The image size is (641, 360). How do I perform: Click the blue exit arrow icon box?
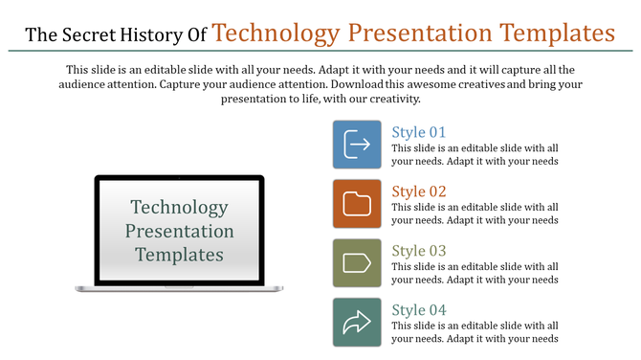[357, 145]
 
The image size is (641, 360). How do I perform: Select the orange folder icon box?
[357, 204]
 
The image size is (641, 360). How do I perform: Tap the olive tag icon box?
[357, 263]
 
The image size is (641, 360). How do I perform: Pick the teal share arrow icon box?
[357, 323]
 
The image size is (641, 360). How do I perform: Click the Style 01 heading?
[418, 132]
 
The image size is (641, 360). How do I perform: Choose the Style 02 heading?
[418, 191]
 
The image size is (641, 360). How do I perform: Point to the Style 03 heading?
[418, 251]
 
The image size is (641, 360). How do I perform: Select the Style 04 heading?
[418, 310]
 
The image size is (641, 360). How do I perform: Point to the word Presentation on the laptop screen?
[180, 232]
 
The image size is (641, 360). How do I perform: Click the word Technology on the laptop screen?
[180, 208]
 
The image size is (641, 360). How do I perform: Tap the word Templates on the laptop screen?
[180, 256]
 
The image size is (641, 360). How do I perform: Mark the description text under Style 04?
[475, 332]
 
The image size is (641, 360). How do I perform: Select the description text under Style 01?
[475, 154]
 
